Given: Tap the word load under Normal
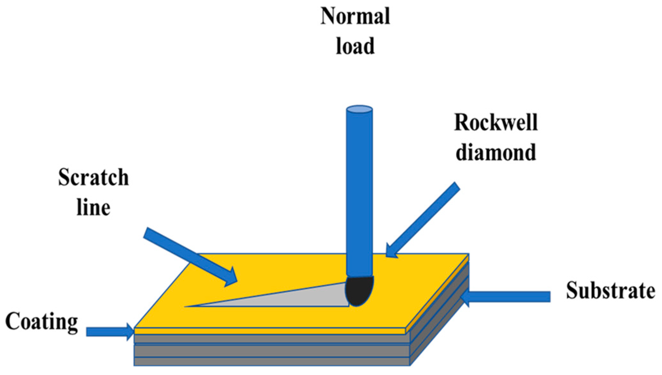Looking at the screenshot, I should (355, 46).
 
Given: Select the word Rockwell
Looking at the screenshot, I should (496, 123).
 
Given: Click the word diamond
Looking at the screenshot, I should (496, 152).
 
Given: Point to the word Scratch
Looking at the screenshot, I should (93, 178).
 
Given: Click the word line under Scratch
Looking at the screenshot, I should (93, 207).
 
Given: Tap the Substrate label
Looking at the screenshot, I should (610, 291).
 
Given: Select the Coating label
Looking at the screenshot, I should (42, 322).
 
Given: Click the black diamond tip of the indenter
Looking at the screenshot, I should (359, 290).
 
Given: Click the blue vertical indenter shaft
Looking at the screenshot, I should (359, 191).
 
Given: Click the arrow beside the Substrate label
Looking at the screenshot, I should (507, 296).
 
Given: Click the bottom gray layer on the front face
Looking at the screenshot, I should (271, 361).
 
